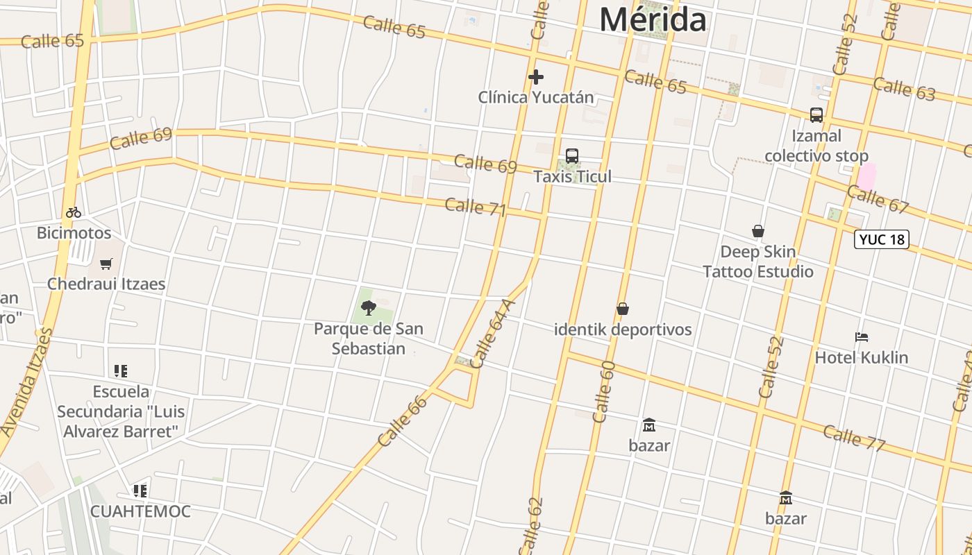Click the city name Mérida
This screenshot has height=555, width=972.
pyautogui.click(x=653, y=19)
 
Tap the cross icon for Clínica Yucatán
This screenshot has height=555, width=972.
pyautogui.click(x=535, y=77)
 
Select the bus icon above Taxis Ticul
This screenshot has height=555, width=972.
pyautogui.click(x=572, y=156)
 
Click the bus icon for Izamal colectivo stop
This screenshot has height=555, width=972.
pyautogui.click(x=816, y=115)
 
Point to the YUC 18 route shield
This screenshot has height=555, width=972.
pyautogui.click(x=882, y=239)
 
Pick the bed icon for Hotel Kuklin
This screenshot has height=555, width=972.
pyautogui.click(x=862, y=338)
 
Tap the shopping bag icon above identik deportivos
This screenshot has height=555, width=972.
pyautogui.click(x=623, y=309)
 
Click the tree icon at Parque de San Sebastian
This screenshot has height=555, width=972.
pyautogui.click(x=369, y=307)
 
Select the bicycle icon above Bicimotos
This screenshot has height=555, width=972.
pyautogui.click(x=74, y=212)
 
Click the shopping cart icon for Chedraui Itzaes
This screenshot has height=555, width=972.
pyautogui.click(x=106, y=264)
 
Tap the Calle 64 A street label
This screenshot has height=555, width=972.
pyautogui.click(x=493, y=333)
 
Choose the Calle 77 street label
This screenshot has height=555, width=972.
pyautogui.click(x=854, y=437)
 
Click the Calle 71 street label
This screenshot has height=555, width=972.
pyautogui.click(x=476, y=207)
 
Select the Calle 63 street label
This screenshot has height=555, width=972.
pyautogui.click(x=904, y=89)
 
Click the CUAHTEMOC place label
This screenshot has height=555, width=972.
pyautogui.click(x=140, y=512)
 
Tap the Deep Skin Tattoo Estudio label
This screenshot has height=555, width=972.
pyautogui.click(x=757, y=262)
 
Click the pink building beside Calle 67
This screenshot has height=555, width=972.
pyautogui.click(x=866, y=176)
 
